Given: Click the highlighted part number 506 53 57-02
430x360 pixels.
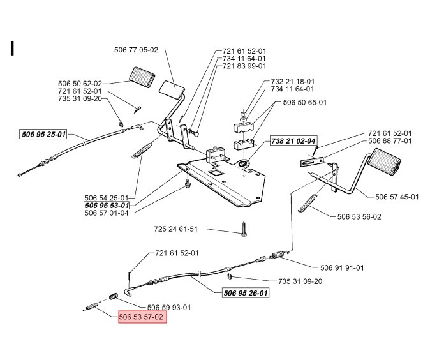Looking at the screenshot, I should (x=142, y=317).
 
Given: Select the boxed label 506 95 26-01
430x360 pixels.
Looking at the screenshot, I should (x=246, y=293).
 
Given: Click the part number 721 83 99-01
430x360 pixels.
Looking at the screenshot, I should (x=244, y=66).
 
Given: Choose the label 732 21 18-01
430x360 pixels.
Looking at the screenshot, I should (x=292, y=82).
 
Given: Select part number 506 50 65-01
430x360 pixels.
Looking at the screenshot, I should (x=304, y=102).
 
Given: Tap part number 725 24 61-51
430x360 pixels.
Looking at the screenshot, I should (x=176, y=228).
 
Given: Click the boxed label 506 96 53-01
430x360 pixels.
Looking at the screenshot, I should (x=107, y=206).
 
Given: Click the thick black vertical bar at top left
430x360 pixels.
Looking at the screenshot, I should (x=13, y=49).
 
